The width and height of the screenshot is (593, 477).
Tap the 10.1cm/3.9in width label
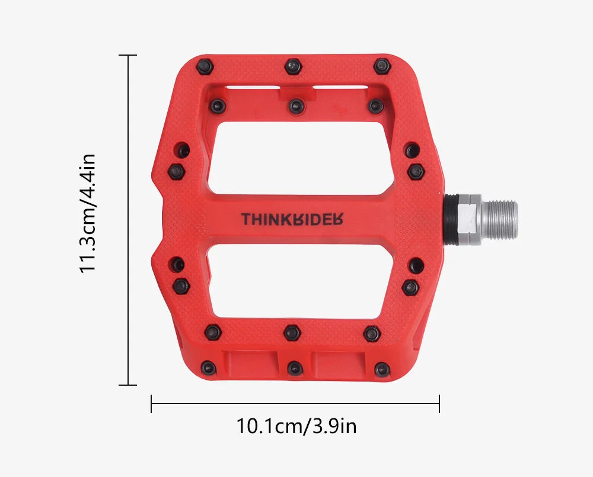point(296,426)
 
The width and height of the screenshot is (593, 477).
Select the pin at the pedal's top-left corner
point(205,66)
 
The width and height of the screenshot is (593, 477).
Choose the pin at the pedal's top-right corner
point(382,65)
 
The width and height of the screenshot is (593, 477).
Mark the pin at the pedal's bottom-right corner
point(383,368)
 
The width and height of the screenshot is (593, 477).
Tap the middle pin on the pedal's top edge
point(292,66)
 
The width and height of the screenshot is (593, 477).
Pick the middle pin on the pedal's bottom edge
point(294,369)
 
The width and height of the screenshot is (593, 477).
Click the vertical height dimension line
point(128,220)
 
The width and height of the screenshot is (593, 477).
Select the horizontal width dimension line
point(295,404)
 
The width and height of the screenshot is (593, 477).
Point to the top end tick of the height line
point(128,55)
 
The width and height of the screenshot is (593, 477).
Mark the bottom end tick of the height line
point(128,385)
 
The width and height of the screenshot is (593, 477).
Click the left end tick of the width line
point(152,404)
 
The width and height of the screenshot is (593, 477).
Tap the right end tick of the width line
point(439,404)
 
